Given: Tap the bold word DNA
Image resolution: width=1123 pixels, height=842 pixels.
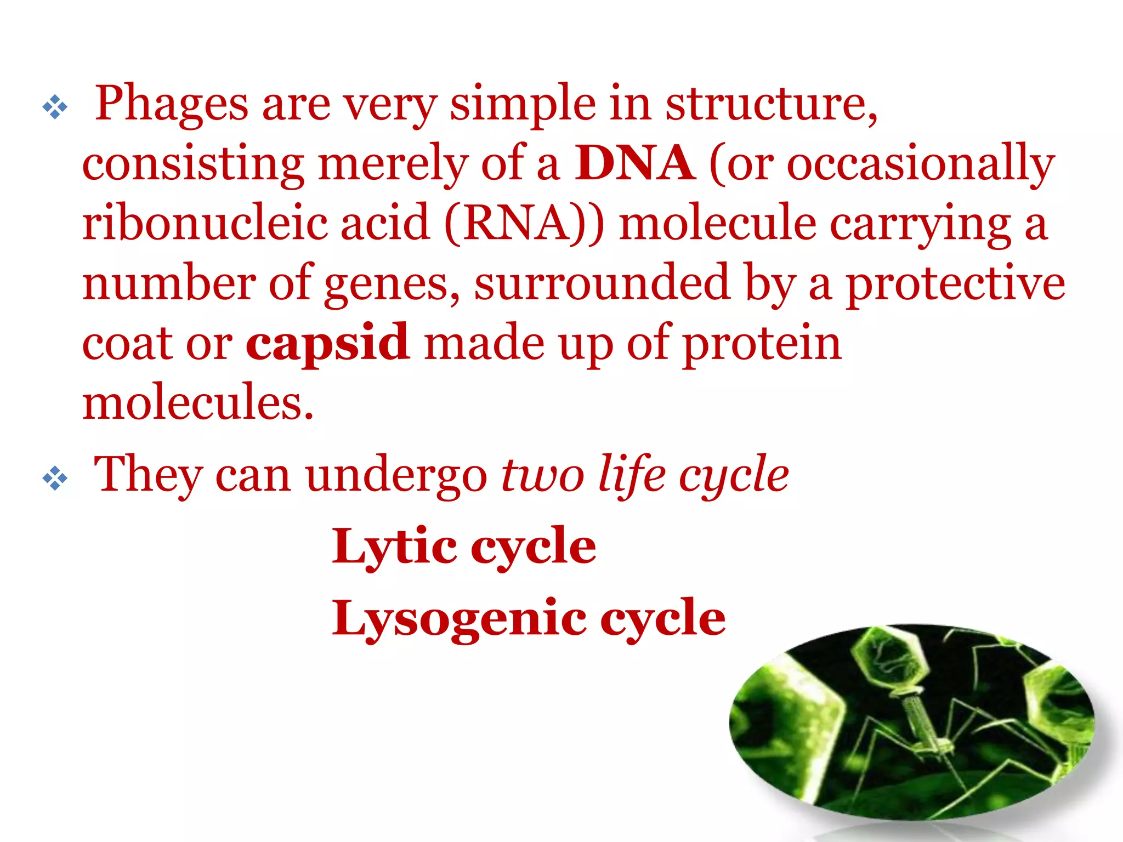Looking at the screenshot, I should (x=634, y=163).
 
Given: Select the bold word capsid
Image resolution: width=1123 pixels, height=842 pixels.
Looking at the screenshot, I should (x=327, y=343).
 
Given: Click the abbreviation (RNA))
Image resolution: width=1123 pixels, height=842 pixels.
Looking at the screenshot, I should (x=524, y=224).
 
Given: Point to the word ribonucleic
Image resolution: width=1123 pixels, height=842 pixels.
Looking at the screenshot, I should (x=204, y=223).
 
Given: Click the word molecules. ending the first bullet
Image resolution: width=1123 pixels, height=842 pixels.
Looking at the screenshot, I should (x=197, y=402).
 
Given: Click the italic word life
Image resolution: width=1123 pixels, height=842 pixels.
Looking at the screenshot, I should (x=631, y=475).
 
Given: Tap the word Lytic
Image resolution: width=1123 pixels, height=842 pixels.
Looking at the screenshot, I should (x=394, y=547).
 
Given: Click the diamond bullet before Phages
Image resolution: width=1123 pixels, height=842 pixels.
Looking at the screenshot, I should (x=55, y=107).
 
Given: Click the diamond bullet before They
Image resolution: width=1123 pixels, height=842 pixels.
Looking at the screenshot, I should (x=55, y=478).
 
